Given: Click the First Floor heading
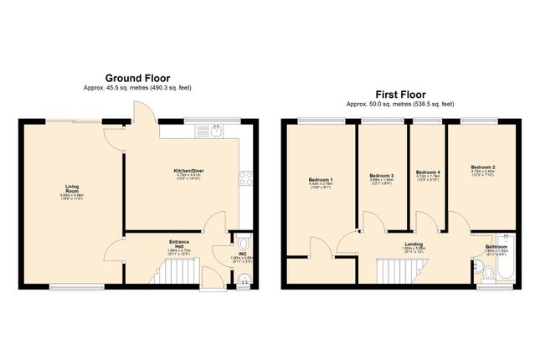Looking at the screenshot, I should (400, 95).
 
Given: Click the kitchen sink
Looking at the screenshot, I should (216, 131).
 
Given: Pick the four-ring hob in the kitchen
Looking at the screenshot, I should (244, 177).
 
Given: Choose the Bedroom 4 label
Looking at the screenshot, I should (428, 172).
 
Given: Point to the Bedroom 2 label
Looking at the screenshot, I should (482, 167).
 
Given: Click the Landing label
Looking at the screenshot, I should (414, 244).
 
